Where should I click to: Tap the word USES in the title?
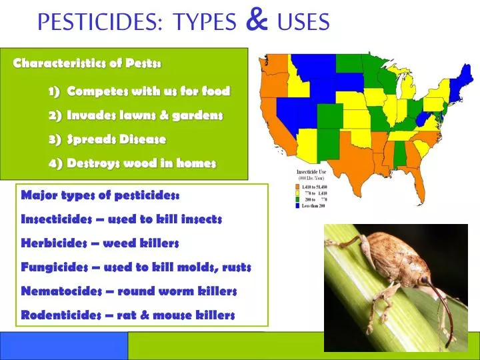pyautogui.click(x=303, y=23)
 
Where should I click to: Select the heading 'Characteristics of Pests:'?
pyautogui.click(x=87, y=63)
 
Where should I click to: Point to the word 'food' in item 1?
pyautogui.click(x=217, y=91)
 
